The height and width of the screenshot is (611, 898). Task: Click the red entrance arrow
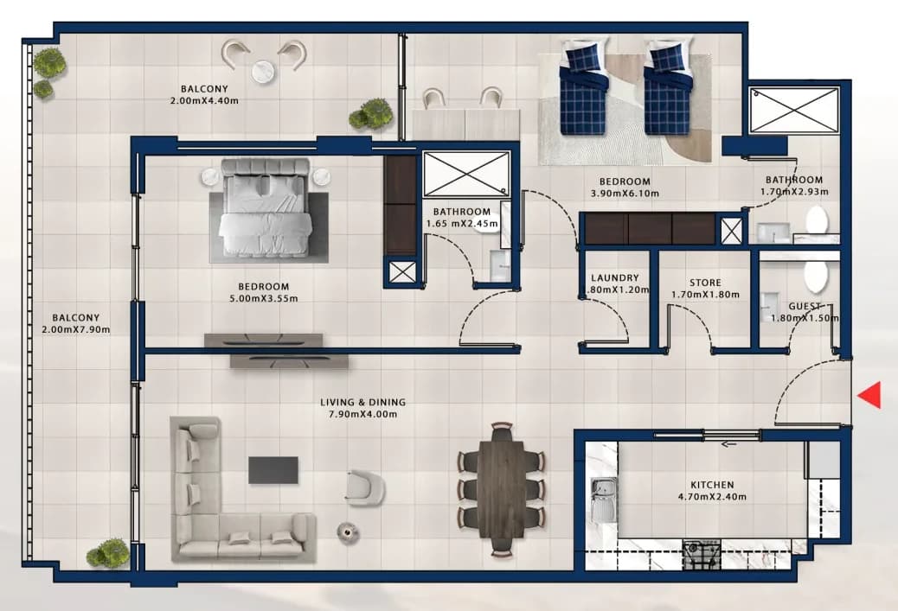click(x=871, y=395)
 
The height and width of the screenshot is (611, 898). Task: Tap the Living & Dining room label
click(x=362, y=402)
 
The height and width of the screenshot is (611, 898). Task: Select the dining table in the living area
click(x=502, y=489)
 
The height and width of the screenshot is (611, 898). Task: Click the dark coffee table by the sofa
click(x=273, y=469)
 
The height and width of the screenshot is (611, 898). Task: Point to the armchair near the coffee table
click(x=364, y=487)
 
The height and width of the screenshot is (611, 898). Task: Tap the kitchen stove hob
click(x=702, y=554)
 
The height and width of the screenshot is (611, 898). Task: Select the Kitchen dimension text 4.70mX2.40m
click(x=712, y=497)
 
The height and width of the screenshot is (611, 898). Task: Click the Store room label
click(x=705, y=283)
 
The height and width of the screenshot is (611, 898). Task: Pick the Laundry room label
click(x=614, y=278)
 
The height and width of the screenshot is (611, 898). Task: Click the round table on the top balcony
click(x=263, y=71)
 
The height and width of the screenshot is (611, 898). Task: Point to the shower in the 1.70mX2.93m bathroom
click(x=794, y=110)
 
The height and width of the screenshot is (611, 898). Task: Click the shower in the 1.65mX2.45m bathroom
click(x=466, y=174)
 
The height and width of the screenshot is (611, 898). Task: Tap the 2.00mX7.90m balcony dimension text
click(x=75, y=329)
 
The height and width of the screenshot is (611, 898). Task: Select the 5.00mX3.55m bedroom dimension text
click(x=264, y=298)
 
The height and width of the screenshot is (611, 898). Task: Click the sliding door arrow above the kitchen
click(x=728, y=444)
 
